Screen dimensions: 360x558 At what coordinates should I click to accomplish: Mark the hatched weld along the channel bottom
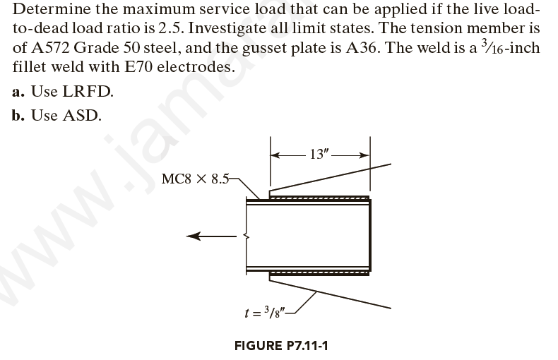[x=318, y=272]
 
